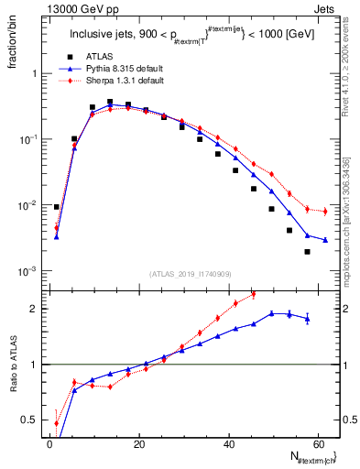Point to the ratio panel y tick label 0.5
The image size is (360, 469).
click(29, 420)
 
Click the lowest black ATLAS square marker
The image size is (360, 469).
click(307, 251)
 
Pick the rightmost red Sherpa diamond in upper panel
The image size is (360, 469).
click(325, 212)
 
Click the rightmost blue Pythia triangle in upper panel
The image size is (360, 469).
click(325, 240)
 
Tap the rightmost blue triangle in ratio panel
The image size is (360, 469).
click(307, 318)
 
